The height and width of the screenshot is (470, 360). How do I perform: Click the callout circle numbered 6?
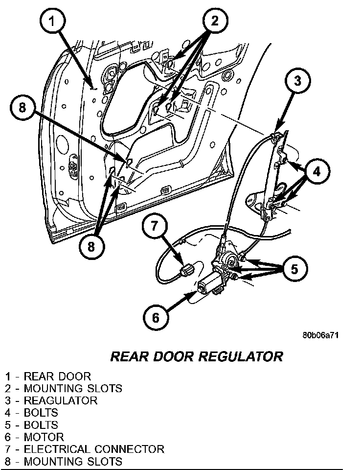(x=156, y=318)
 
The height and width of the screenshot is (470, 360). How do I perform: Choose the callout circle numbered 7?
(x=155, y=226)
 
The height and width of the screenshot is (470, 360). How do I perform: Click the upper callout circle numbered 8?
(x=22, y=108)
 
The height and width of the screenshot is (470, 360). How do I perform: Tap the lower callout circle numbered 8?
(x=90, y=246)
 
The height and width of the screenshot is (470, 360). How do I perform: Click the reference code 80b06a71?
(x=321, y=335)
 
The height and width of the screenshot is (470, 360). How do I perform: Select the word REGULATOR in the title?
(x=241, y=356)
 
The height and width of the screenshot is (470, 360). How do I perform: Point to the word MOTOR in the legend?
(x=44, y=437)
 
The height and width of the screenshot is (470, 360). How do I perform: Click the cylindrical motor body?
(x=209, y=284)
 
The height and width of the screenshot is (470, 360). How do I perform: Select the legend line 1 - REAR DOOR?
(x=48, y=376)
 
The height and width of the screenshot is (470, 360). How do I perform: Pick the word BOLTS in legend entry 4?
(x=41, y=413)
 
